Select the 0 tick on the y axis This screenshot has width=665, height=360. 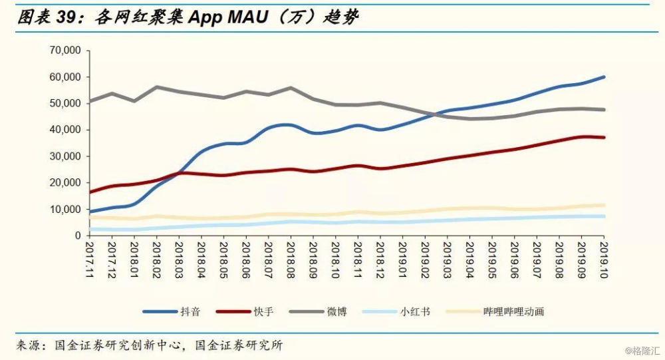77,236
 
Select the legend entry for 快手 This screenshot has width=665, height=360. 263,311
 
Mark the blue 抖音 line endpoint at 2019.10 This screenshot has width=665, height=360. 604,77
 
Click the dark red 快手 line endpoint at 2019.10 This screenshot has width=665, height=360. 604,137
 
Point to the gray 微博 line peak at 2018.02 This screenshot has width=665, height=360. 157,87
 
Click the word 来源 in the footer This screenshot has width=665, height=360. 29,345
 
